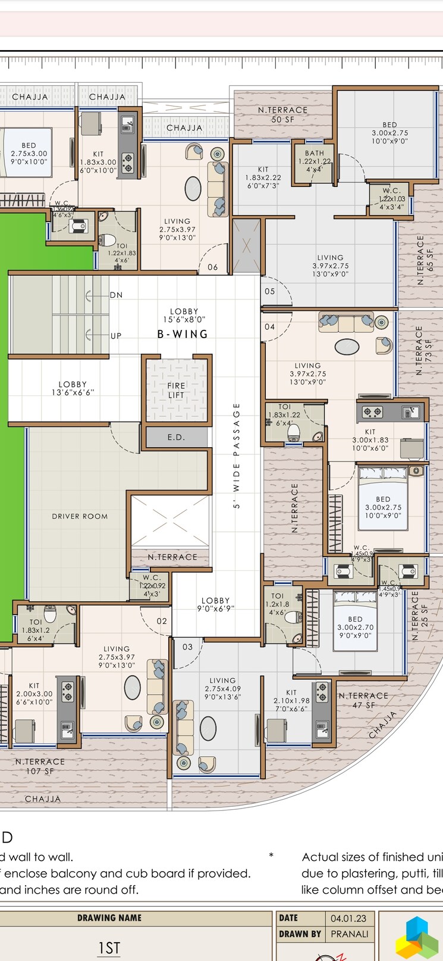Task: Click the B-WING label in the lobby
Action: [183, 334]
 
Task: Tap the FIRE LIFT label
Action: [176, 390]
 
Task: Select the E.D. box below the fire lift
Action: [176, 437]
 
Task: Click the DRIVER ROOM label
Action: [80, 516]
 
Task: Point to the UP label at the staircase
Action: [116, 336]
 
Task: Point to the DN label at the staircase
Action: [116, 295]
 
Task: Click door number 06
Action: [213, 267]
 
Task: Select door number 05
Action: [270, 291]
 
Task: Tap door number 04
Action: [270, 326]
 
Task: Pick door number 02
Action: [162, 621]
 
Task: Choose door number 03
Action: [187, 647]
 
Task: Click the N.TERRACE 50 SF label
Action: [282, 114]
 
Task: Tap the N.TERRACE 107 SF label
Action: [40, 766]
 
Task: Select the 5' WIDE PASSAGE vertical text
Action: [236, 455]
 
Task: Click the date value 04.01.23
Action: [348, 918]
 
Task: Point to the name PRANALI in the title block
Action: [349, 934]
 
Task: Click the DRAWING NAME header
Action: [109, 918]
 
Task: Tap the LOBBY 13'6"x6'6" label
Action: [73, 388]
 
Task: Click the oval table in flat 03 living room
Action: [208, 728]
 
